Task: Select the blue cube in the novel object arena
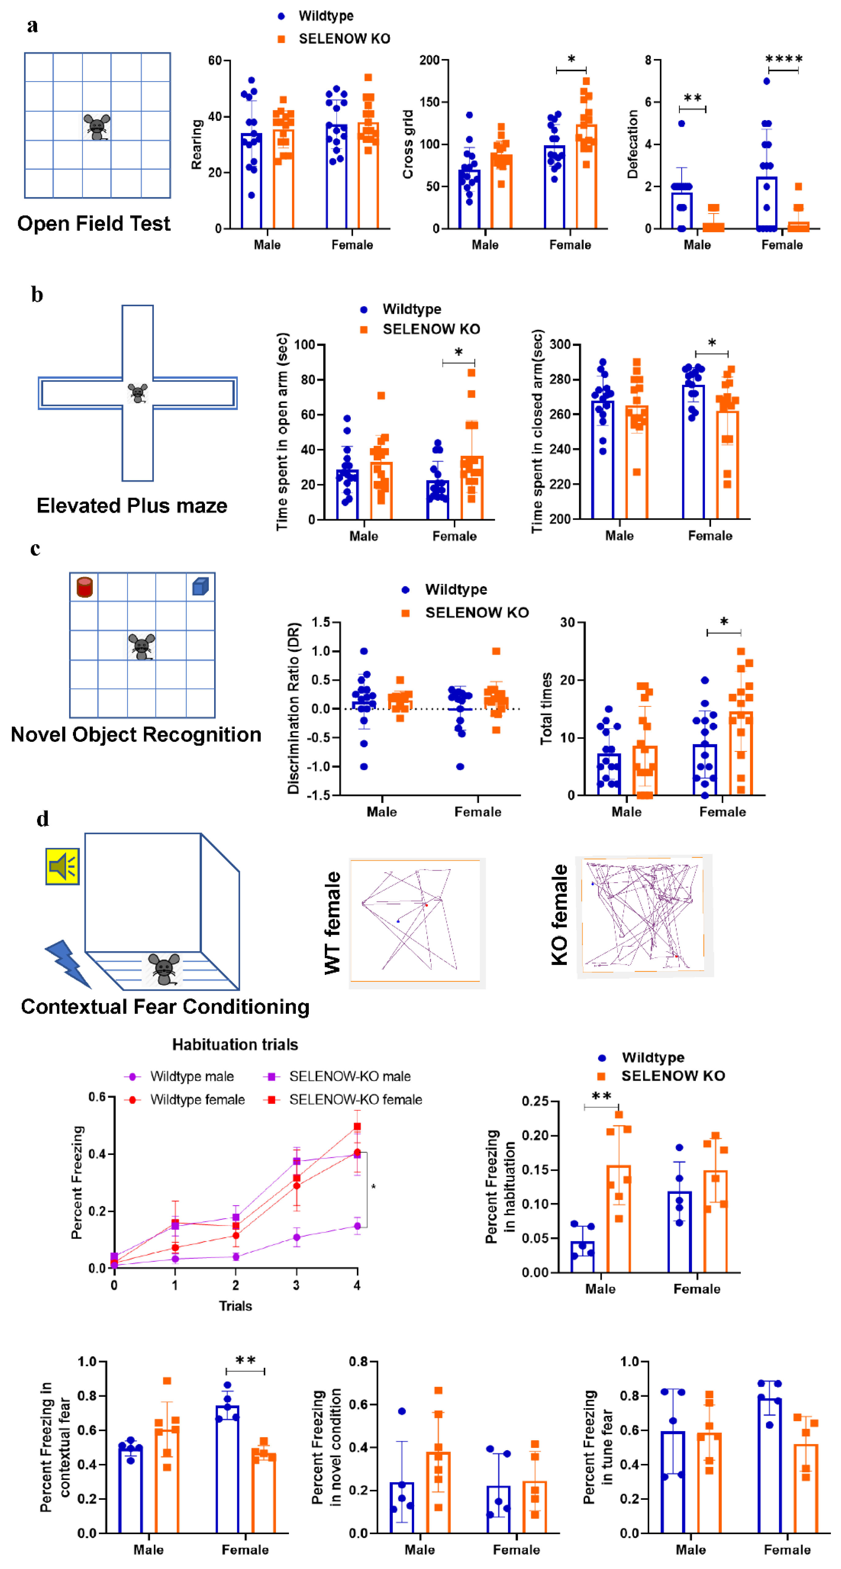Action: click(x=200, y=586)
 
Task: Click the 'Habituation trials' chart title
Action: click(x=235, y=1045)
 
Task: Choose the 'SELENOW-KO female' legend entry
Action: click(x=355, y=1099)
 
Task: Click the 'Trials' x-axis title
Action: click(x=235, y=1306)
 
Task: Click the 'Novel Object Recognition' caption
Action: click(x=136, y=734)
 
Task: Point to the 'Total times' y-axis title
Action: click(x=546, y=708)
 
